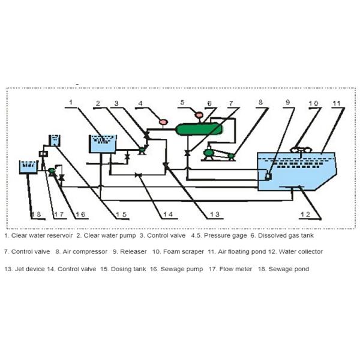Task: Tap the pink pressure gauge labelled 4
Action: pyautogui.click(x=162, y=123)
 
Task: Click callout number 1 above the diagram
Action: pyautogui.click(x=71, y=103)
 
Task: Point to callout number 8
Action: pyautogui.click(x=260, y=103)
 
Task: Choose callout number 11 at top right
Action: pyautogui.click(x=337, y=103)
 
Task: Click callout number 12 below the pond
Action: pyautogui.click(x=307, y=214)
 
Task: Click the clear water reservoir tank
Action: pyautogui.click(x=103, y=145)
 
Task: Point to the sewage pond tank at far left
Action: pyautogui.click(x=28, y=166)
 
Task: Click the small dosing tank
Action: pyautogui.click(x=54, y=140)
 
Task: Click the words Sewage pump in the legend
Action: pyautogui.click(x=184, y=269)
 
